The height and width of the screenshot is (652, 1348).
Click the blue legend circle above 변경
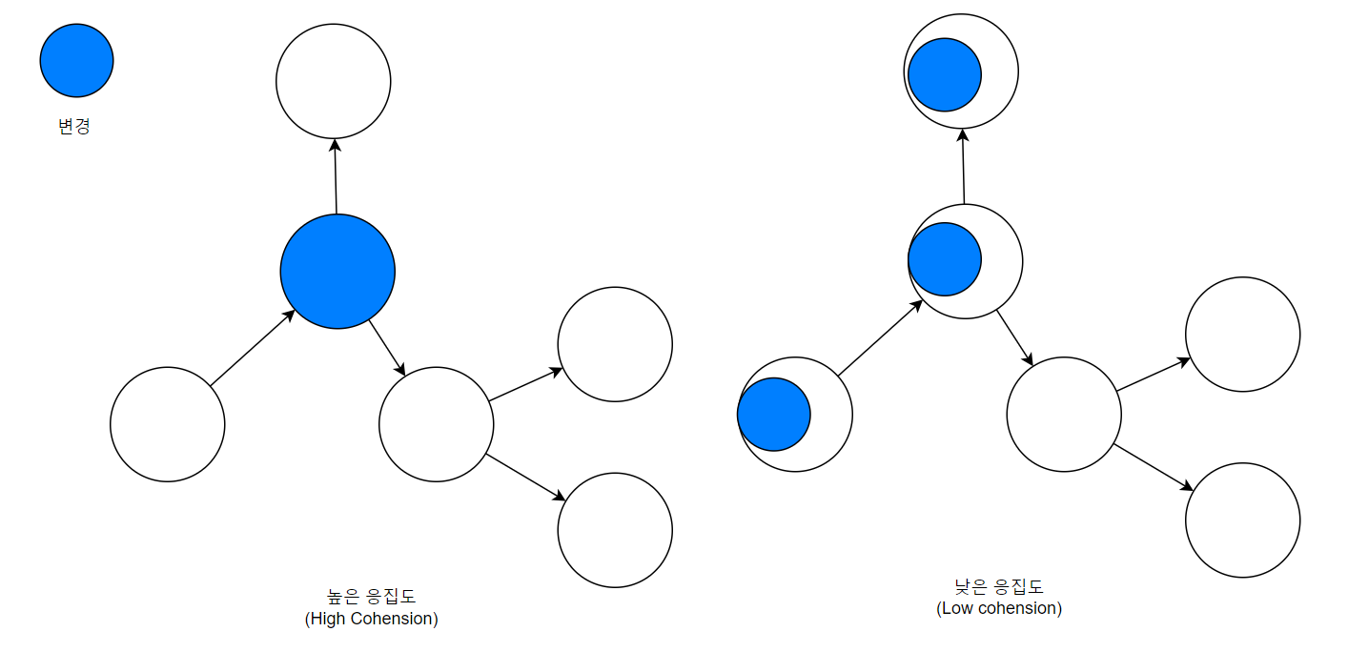[76, 60]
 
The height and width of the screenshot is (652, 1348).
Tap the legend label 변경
[74, 126]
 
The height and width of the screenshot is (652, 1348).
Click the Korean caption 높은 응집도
[371, 598]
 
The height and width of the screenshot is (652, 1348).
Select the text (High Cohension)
[371, 619]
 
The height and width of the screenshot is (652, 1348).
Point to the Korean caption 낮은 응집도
[999, 587]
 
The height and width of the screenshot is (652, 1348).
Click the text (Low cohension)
[999, 608]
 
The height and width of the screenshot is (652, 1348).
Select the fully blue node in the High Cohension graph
[337, 272]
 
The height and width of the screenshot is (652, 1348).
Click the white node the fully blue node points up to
[334, 81]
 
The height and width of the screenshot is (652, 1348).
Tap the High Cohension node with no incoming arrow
[168, 424]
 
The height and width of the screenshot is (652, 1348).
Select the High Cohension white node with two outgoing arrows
[437, 424]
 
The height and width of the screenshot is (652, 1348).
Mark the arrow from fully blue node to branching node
[387, 348]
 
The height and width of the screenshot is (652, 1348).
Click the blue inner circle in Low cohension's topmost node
[945, 74]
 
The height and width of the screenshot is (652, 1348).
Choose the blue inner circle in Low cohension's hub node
[945, 259]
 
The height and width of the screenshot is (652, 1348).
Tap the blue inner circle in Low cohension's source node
[774, 415]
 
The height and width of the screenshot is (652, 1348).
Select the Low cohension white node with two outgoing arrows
[1064, 415]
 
